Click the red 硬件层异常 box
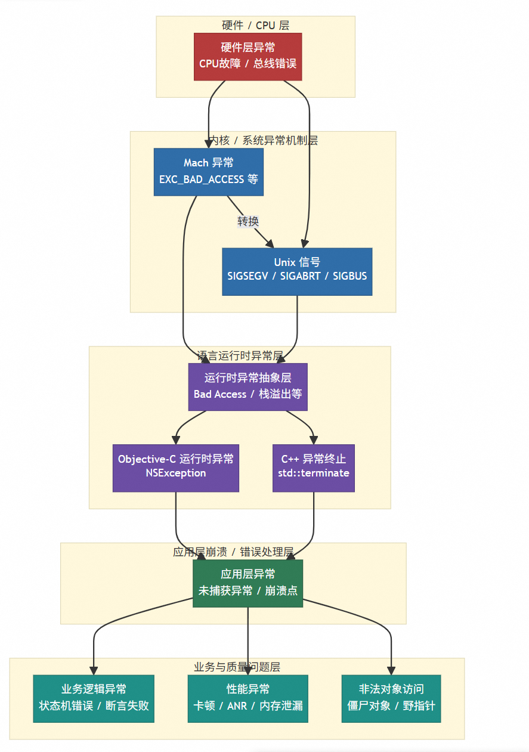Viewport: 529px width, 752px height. pyautogui.click(x=248, y=56)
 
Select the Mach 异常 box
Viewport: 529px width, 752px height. pyautogui.click(x=208, y=172)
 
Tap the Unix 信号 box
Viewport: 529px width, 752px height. pyautogui.click(x=297, y=271)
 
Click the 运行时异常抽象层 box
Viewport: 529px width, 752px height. pyautogui.click(x=248, y=386)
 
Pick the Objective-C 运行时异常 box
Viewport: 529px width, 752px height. pyautogui.click(x=175, y=468)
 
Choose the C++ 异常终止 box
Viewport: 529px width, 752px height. pyautogui.click(x=313, y=468)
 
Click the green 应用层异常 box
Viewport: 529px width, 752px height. pyautogui.click(x=248, y=583)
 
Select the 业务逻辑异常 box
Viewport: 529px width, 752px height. pyautogui.click(x=94, y=698)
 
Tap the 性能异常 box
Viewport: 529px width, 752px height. pyautogui.click(x=248, y=698)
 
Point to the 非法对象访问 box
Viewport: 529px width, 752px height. pyautogui.click(x=391, y=698)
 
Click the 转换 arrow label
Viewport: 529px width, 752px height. pyautogui.click(x=248, y=221)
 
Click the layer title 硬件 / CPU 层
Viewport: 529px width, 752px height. pyautogui.click(x=255, y=25)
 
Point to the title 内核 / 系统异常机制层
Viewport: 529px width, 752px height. pyautogui.click(x=263, y=141)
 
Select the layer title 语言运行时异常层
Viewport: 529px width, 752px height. pyautogui.click(x=240, y=356)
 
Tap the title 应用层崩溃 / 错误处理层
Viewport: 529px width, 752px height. pyautogui.click(x=233, y=552)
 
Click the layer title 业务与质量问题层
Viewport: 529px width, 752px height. pyautogui.click(x=237, y=667)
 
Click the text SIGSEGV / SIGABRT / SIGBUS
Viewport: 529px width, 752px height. pyautogui.click(x=297, y=276)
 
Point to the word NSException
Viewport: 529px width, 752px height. pyautogui.click(x=175, y=473)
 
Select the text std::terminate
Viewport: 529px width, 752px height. pyautogui.click(x=313, y=473)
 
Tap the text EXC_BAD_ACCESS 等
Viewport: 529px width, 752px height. pyautogui.click(x=208, y=179)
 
